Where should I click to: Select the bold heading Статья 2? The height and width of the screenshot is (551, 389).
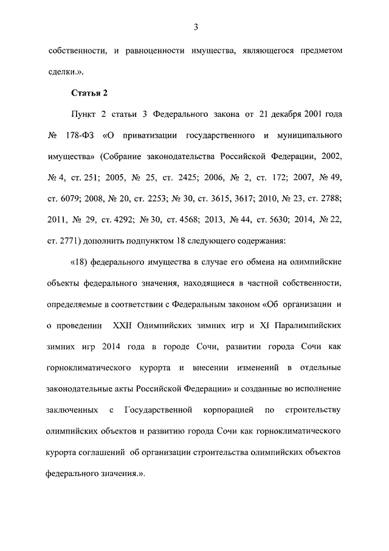pyautogui.click(x=89, y=93)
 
